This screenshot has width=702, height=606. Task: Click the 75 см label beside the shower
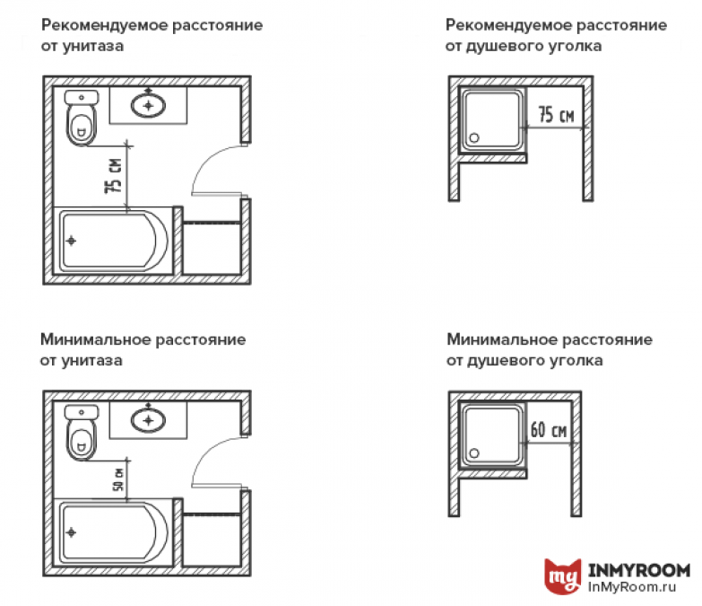(556, 114)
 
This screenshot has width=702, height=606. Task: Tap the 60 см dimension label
(549, 429)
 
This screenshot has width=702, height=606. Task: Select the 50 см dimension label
(118, 479)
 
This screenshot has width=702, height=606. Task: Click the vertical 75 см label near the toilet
(113, 175)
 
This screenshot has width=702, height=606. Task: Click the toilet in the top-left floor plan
(81, 118)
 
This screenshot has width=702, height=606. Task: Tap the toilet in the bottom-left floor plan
(81, 433)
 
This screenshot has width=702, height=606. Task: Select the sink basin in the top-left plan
(148, 106)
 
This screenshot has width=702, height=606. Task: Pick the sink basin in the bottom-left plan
(148, 420)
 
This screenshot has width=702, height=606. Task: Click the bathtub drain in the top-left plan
(71, 241)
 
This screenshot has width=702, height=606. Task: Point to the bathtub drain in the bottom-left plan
(71, 532)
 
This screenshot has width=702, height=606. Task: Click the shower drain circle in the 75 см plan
(474, 138)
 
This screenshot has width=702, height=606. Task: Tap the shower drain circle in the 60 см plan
(474, 453)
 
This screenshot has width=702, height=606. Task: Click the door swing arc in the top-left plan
(206, 160)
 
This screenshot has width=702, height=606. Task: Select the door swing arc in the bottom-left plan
(206, 452)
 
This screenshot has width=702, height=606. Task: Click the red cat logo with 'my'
(563, 576)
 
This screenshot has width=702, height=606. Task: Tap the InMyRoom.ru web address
(632, 587)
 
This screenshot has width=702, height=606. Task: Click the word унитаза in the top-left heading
(92, 46)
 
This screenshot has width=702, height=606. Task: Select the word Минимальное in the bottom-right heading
(502, 339)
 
